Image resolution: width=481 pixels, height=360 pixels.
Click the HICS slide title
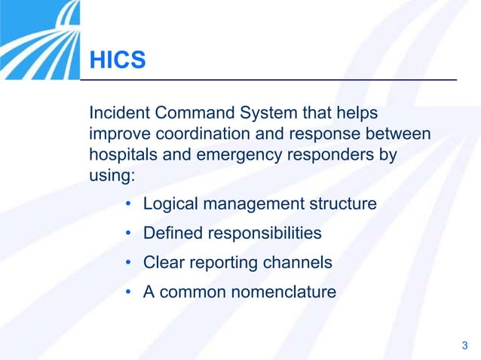(x=118, y=60)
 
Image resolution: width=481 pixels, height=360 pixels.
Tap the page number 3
(x=464, y=346)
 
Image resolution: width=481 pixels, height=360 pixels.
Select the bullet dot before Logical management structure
(x=130, y=204)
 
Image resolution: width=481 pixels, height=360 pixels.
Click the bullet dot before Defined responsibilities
(x=130, y=233)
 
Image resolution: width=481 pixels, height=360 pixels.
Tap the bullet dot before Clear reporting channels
(x=130, y=263)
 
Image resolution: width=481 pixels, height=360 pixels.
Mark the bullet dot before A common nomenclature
(x=130, y=292)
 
